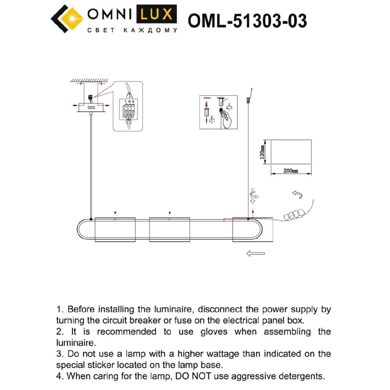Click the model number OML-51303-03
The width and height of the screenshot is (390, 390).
click(x=247, y=21)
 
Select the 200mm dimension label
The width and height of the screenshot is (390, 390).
click(x=291, y=171)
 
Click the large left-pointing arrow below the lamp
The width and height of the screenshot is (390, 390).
click(x=255, y=253)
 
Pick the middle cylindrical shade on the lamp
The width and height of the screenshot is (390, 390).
click(x=169, y=230)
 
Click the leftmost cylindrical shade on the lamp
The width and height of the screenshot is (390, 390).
click(x=115, y=230)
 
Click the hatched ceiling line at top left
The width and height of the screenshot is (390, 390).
click(x=89, y=80)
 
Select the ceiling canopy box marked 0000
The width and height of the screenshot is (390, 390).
click(x=91, y=108)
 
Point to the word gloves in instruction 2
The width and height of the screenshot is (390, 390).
click(x=214, y=332)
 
